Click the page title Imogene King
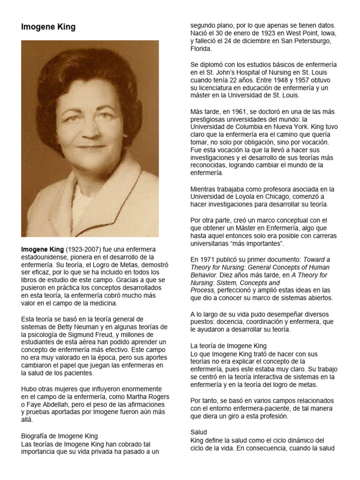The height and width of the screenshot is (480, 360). (x=48, y=27)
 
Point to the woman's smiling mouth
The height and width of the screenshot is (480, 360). (x=91, y=147)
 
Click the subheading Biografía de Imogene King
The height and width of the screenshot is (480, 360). (x=60, y=436)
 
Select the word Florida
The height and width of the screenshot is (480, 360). (x=201, y=48)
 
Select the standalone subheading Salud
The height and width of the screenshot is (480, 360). (x=199, y=431)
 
